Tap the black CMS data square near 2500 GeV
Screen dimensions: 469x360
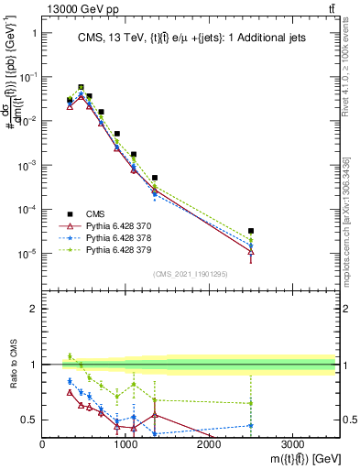251,231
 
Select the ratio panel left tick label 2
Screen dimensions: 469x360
35,309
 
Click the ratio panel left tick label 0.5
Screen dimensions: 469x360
30,420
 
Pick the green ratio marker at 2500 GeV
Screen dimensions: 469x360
251,403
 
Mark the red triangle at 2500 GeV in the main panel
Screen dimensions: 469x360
251,252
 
